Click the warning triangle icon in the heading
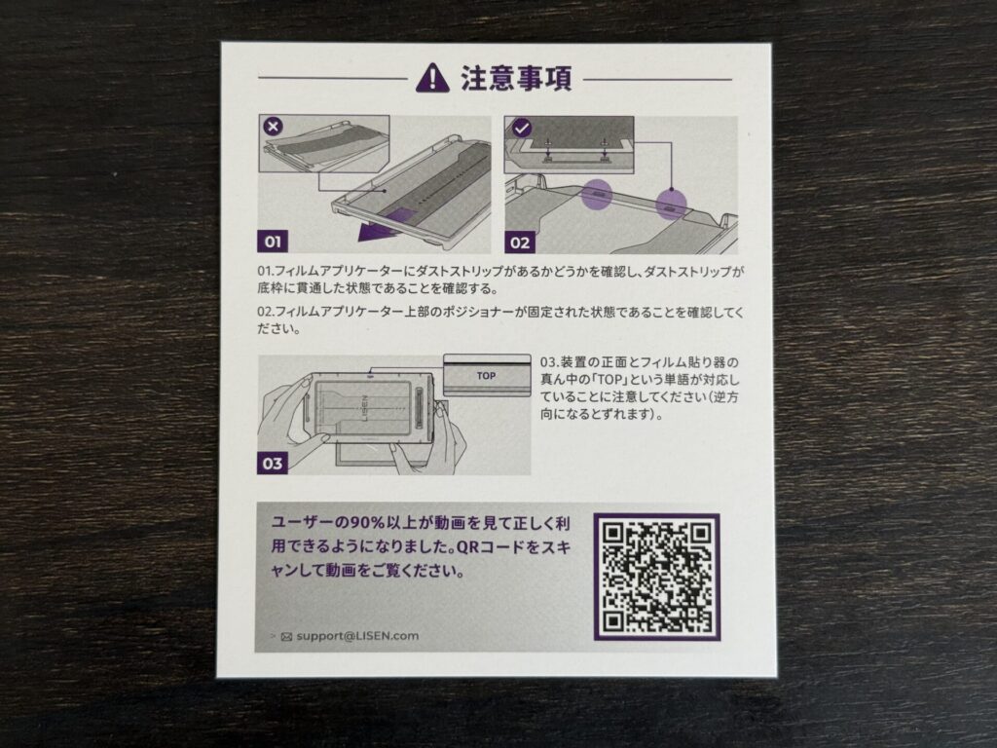coord(432,78)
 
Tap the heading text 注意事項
coord(516,78)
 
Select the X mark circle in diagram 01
coord(274,127)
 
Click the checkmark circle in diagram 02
coord(522,129)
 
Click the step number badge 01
coord(273,242)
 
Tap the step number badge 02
coord(520,243)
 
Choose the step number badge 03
coord(273,463)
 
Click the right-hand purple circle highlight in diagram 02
coord(671,205)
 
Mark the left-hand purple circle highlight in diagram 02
coord(597,194)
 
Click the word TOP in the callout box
coord(487,376)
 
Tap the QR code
coord(657,577)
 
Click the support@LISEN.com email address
coord(357,635)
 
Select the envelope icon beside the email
coord(286,636)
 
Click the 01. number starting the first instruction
coord(266,272)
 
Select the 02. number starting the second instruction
coord(266,313)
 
